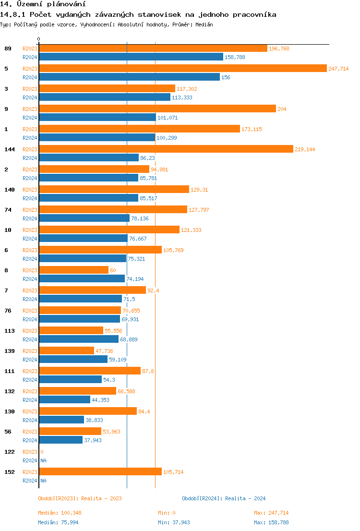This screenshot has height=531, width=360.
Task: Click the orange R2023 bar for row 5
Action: (182, 69)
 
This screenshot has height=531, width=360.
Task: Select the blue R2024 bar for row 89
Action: (131, 57)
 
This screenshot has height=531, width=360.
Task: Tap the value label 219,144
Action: (305, 149)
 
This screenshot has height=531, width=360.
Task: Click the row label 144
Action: (9, 149)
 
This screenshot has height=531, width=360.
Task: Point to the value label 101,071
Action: (168, 118)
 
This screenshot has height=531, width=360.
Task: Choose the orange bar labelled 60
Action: (73, 270)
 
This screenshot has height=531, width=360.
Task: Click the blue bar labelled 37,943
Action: (60, 440)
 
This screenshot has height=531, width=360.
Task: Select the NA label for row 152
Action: (43, 481)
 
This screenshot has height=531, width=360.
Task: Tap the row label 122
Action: (9, 452)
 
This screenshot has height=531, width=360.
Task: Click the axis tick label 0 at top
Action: (39, 39)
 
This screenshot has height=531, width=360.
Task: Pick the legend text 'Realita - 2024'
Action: (245, 498)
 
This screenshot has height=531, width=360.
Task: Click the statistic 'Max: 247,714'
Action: (271, 513)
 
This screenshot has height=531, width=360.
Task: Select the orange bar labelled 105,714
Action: (100, 472)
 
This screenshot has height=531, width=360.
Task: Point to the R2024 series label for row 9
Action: (30, 118)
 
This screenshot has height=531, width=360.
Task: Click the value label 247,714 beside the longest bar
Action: (338, 69)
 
